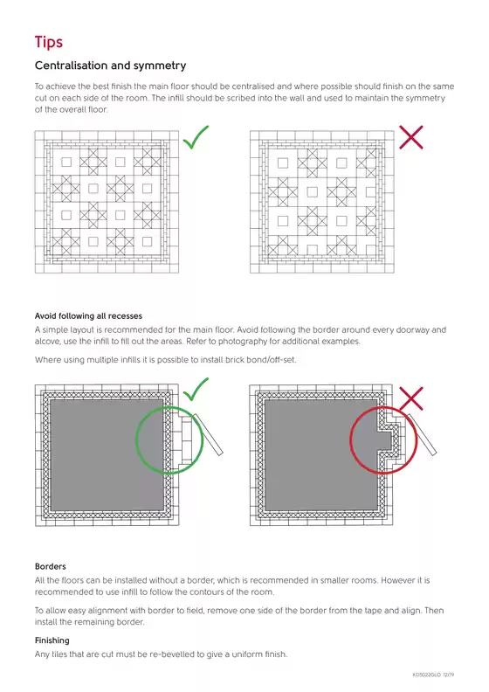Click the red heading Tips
(x=49, y=42)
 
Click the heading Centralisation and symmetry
(x=110, y=66)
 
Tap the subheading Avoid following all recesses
(x=88, y=316)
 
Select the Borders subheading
(x=51, y=566)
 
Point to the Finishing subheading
(x=52, y=640)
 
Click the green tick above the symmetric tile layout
(x=196, y=137)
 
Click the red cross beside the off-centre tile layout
(x=411, y=137)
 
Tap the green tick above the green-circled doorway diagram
(x=196, y=390)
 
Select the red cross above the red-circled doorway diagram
(x=411, y=398)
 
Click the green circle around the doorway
(x=136, y=440)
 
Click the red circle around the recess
(x=351, y=440)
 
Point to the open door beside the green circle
(x=207, y=434)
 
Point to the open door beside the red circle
(x=421, y=434)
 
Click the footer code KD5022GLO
(x=427, y=675)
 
